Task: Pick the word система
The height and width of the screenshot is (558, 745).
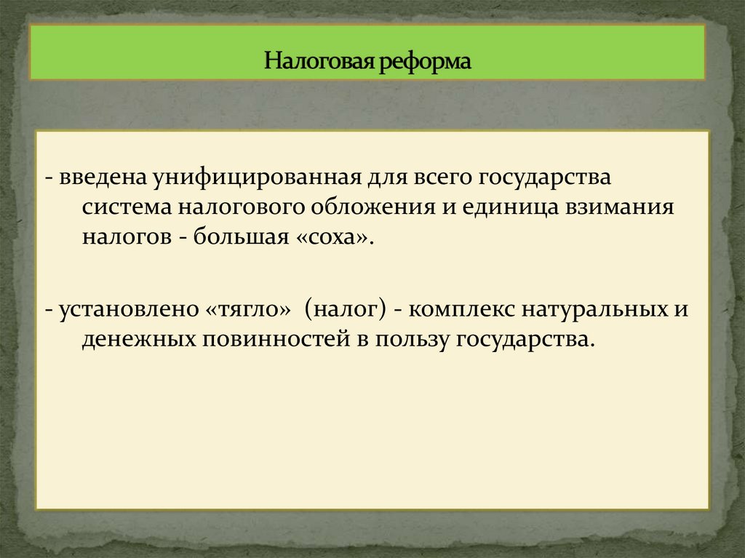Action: tap(124, 207)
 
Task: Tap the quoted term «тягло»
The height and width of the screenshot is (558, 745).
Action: tap(245, 310)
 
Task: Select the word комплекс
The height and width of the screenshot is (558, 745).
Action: tap(460, 310)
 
